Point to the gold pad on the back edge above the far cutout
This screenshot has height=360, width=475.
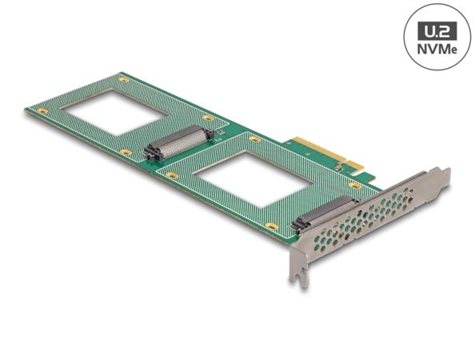pos(123,79)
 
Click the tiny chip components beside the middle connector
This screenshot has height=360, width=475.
pos(210,131)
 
